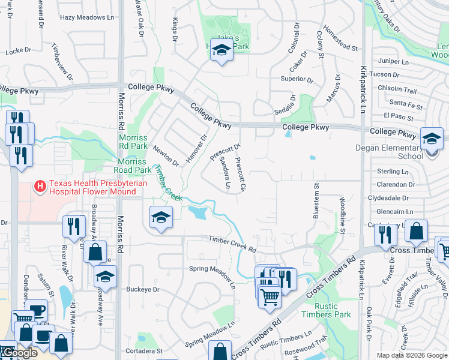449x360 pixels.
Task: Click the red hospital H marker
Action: click(40, 187)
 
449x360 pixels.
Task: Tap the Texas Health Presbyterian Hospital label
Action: click(92, 188)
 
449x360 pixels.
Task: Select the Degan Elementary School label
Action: click(398, 152)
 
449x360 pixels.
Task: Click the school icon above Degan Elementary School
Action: click(432, 139)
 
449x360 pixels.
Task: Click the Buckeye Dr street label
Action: click(143, 289)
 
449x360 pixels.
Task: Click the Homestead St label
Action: click(340, 38)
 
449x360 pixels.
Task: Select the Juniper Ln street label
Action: click(393, 61)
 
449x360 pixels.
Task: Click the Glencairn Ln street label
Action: click(394, 212)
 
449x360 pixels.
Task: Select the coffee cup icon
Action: click(38, 310)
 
